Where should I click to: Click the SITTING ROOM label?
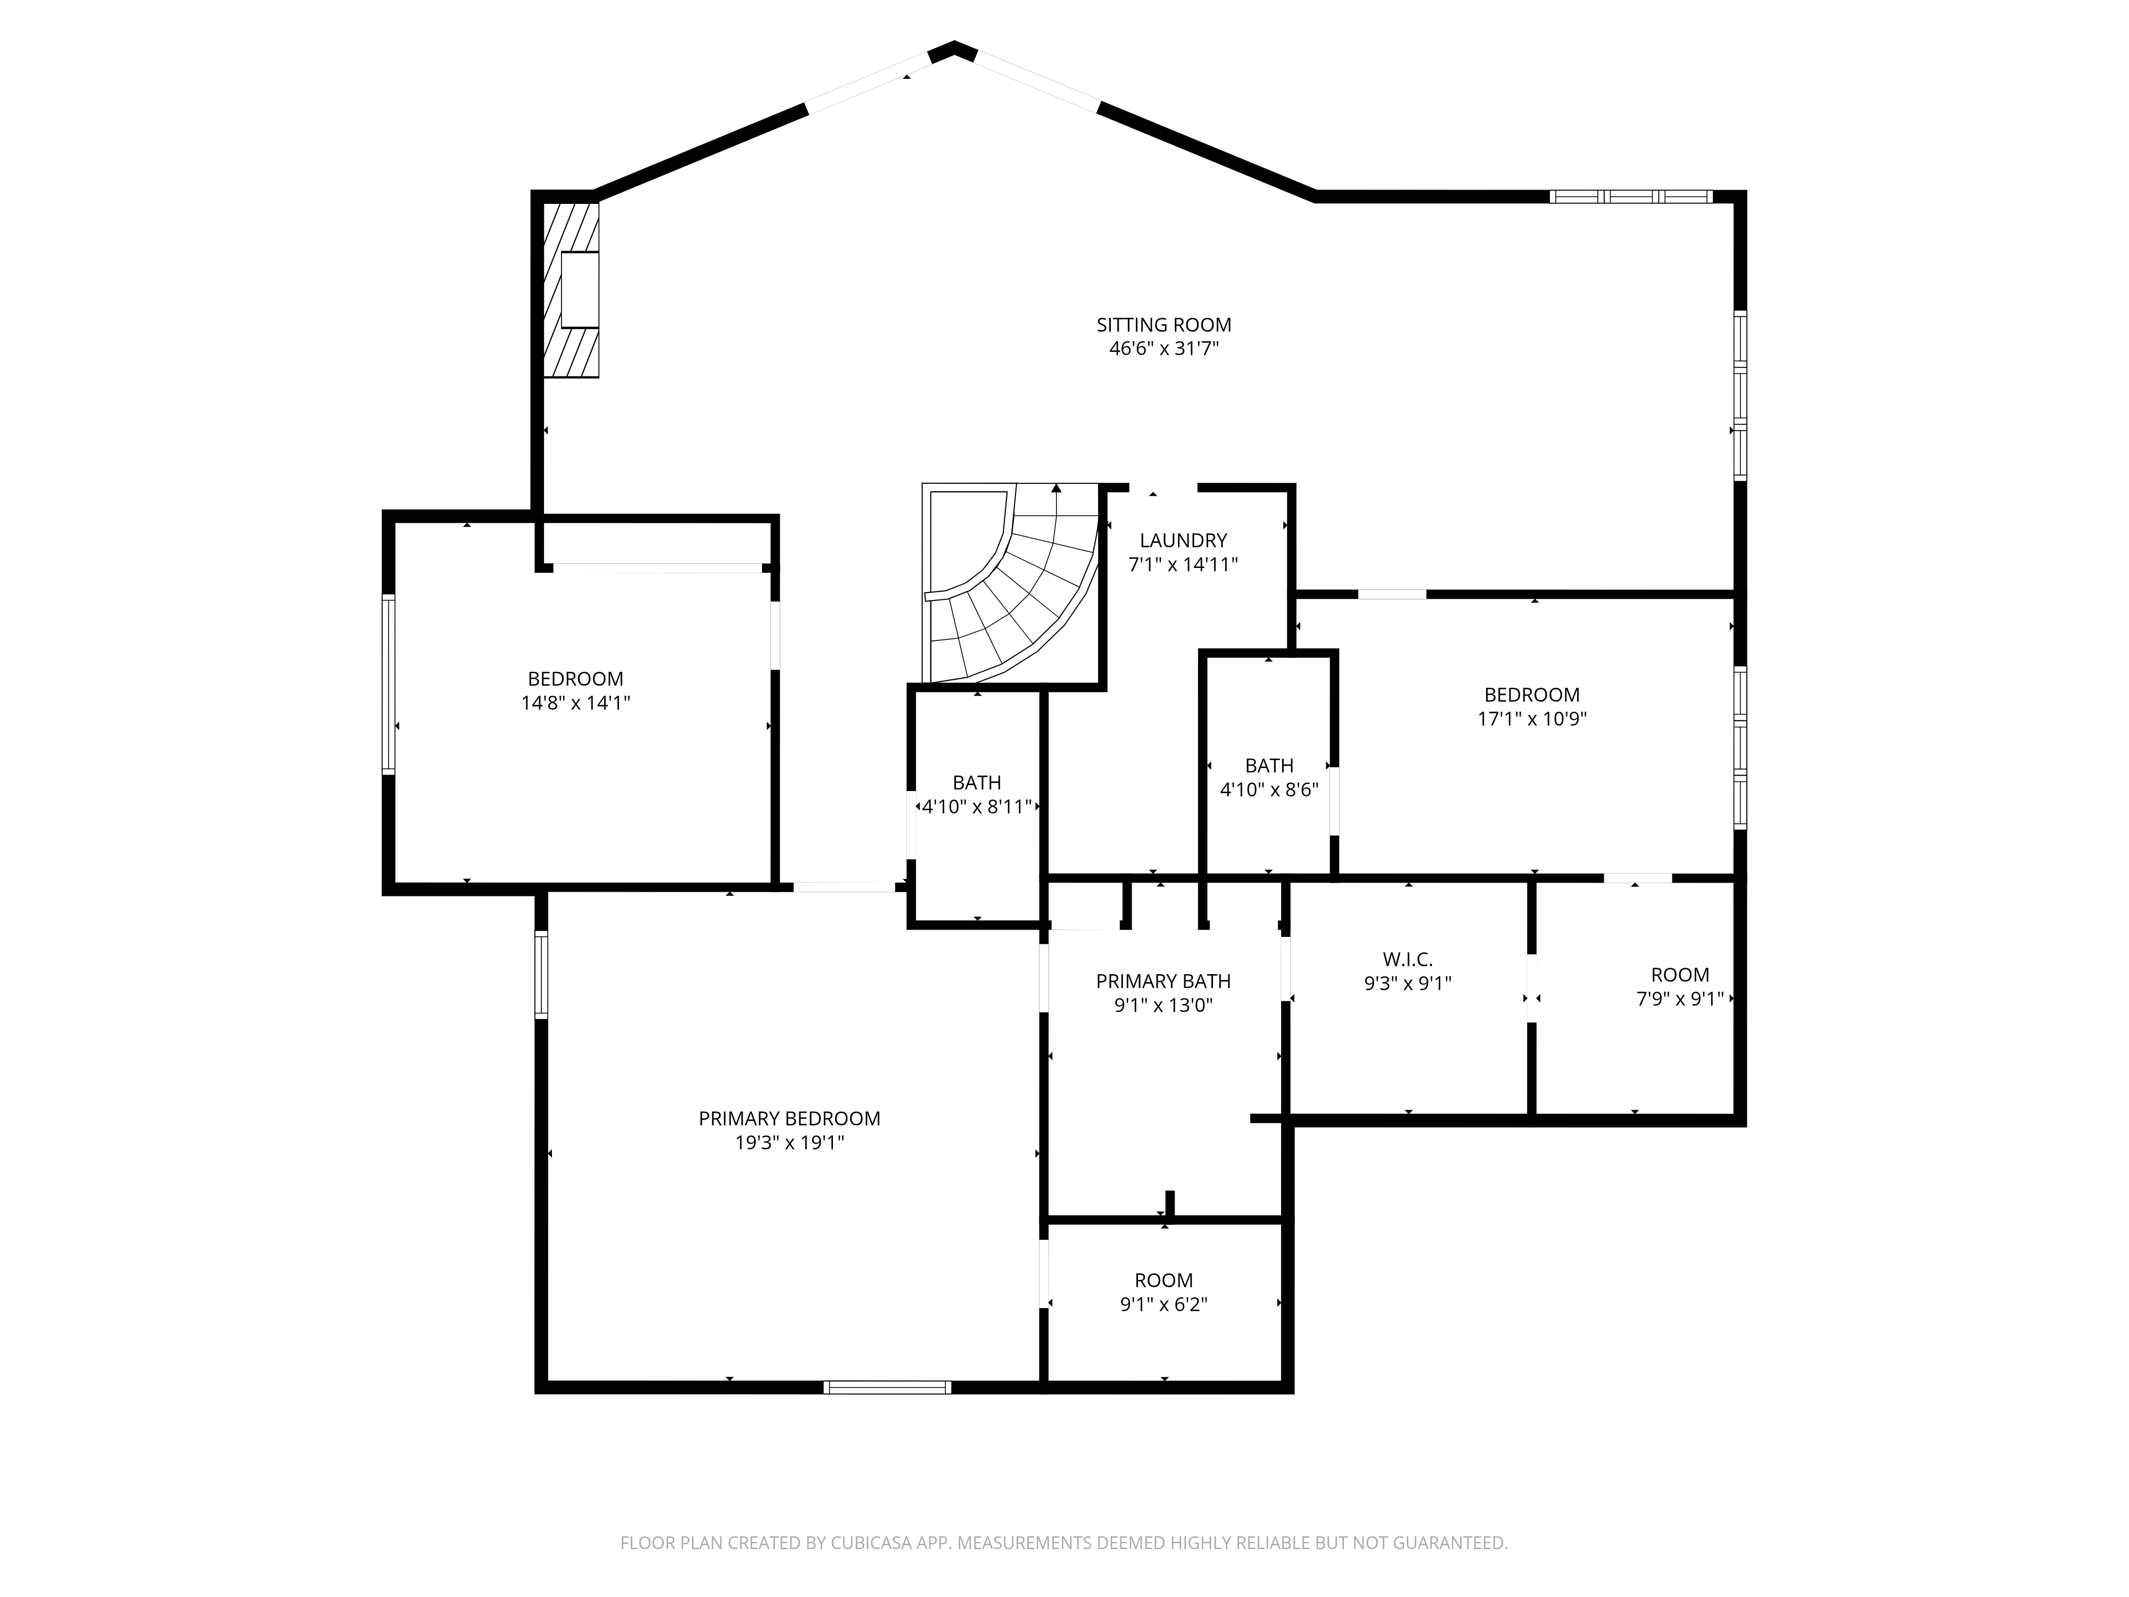(1163, 325)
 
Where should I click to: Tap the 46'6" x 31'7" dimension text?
(1163, 349)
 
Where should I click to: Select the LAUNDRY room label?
(1183, 541)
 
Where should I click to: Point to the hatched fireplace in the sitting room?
(571, 289)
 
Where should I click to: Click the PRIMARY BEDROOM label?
(789, 1118)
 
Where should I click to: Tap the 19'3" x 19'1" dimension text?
(789, 1142)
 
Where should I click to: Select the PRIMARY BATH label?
(1163, 981)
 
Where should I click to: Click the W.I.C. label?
(1408, 960)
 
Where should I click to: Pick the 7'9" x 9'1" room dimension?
(1680, 999)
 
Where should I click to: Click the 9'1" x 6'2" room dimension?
(1163, 1304)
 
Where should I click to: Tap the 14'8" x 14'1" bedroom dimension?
(575, 703)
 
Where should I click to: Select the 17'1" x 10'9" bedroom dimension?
(1532, 718)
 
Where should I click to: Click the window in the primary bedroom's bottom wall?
(887, 1387)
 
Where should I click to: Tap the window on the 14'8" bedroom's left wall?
(389, 684)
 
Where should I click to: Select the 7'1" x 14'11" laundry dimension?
(1183, 565)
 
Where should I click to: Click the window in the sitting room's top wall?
(1631, 196)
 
